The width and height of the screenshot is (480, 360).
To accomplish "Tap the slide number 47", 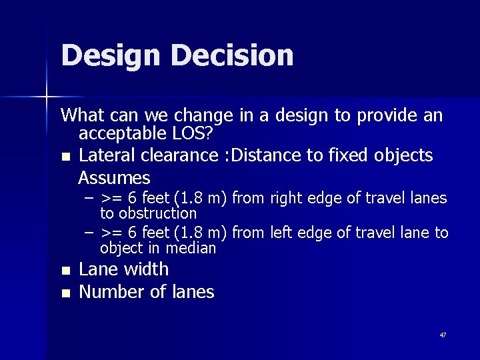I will click(x=443, y=335).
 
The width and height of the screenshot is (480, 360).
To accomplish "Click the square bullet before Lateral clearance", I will click(x=65, y=157).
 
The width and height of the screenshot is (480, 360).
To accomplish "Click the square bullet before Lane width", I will click(x=65, y=271).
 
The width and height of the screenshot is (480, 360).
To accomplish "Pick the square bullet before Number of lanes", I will click(x=65, y=293).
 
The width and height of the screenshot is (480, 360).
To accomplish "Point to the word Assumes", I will click(x=114, y=178).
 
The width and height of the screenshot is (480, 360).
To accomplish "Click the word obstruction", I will click(x=148, y=213).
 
